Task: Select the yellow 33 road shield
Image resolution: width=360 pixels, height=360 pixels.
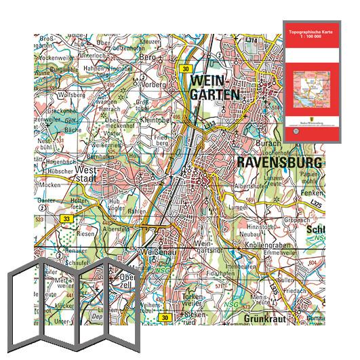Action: point(66,218)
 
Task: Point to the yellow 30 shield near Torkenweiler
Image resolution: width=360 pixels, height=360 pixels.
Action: point(164,317)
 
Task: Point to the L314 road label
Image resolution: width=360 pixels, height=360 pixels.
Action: point(252,41)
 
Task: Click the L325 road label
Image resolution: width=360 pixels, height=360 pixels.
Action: point(313,203)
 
